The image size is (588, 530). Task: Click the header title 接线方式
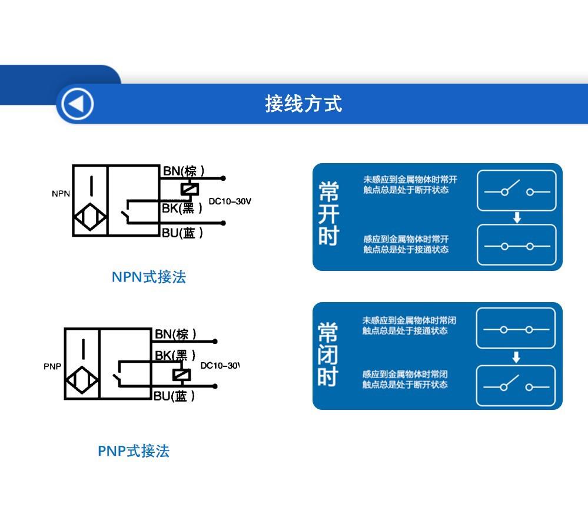(303, 104)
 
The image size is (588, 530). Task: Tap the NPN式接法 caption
(149, 277)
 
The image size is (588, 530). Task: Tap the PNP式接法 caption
(134, 451)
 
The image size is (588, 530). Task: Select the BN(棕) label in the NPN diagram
(184, 171)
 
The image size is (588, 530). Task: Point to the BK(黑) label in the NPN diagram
(182, 208)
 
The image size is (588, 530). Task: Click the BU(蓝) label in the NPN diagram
(182, 233)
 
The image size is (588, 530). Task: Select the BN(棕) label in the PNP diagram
(175, 334)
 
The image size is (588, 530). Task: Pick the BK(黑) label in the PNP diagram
(175, 356)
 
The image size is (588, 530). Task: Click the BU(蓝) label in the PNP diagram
(174, 396)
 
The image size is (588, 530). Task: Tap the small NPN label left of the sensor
(61, 194)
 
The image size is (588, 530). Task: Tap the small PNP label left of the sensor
(52, 366)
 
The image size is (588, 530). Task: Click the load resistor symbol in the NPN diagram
(190, 189)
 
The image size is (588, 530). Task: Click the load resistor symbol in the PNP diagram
(181, 375)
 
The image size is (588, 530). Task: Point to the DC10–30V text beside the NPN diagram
(230, 201)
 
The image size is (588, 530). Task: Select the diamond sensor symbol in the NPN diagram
(90, 218)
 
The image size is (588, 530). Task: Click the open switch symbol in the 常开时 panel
(516, 191)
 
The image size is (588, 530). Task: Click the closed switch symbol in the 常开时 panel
(516, 246)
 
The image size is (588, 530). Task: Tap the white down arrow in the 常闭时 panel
(516, 357)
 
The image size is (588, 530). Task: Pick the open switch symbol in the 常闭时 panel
(516, 386)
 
